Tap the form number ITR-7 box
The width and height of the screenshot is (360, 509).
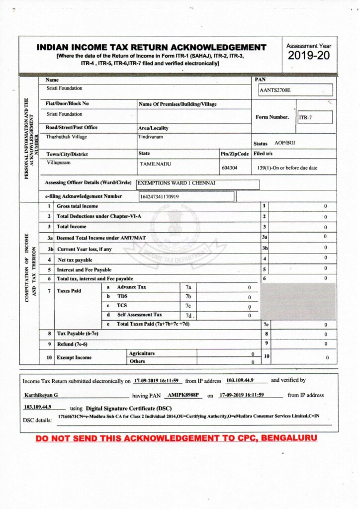pos(315,117)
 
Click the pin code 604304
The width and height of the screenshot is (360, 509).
pos(230,168)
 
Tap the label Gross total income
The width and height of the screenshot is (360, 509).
pos(77,206)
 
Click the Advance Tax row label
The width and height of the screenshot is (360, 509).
pos(131,287)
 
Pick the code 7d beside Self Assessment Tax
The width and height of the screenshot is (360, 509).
pos(188,316)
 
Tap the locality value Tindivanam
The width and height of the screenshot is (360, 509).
pos(150,137)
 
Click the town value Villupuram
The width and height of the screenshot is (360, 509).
pos(59,163)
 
